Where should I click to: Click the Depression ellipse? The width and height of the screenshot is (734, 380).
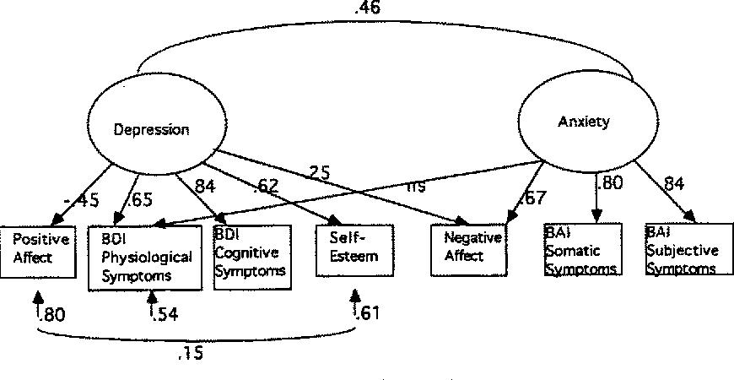[152, 128]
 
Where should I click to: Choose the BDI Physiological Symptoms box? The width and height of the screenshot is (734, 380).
[144, 257]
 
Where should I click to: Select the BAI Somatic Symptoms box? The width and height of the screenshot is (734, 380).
[583, 250]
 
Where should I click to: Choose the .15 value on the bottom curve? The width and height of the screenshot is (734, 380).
[191, 354]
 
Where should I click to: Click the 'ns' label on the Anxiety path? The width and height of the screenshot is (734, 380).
[415, 185]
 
